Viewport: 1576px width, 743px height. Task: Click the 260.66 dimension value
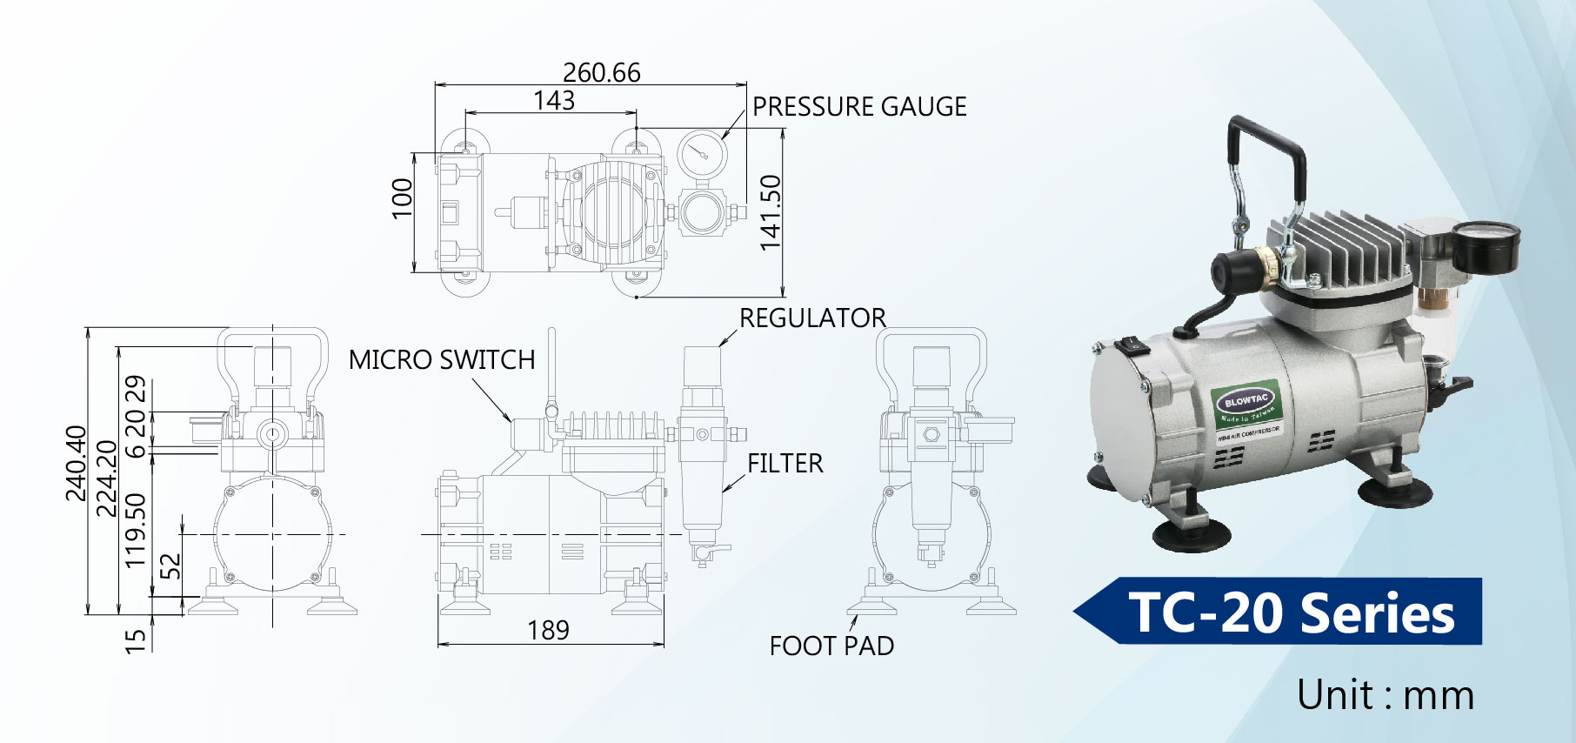coord(601,72)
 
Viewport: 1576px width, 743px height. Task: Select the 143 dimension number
coord(554,101)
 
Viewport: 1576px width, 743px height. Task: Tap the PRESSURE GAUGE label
coord(859,106)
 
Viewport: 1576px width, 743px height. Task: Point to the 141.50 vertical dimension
coord(771,212)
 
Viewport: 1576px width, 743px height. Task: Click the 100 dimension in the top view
coord(402,198)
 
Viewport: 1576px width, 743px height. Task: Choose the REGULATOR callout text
coord(812,318)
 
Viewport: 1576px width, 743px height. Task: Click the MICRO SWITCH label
coord(442,359)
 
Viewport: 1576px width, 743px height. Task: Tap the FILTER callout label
coord(785,463)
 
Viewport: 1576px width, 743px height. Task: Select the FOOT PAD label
coord(831,646)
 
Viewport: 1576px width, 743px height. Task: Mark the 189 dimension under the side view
coord(548,630)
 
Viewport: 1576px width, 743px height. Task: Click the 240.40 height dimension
coord(77,463)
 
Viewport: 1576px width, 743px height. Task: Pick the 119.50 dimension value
coord(136,530)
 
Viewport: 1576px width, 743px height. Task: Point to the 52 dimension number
coord(171,566)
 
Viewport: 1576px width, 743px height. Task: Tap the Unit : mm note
coord(1385,695)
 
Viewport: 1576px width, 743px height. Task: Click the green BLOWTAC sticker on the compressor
coord(1246,403)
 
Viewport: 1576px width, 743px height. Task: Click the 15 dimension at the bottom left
coord(136,641)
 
